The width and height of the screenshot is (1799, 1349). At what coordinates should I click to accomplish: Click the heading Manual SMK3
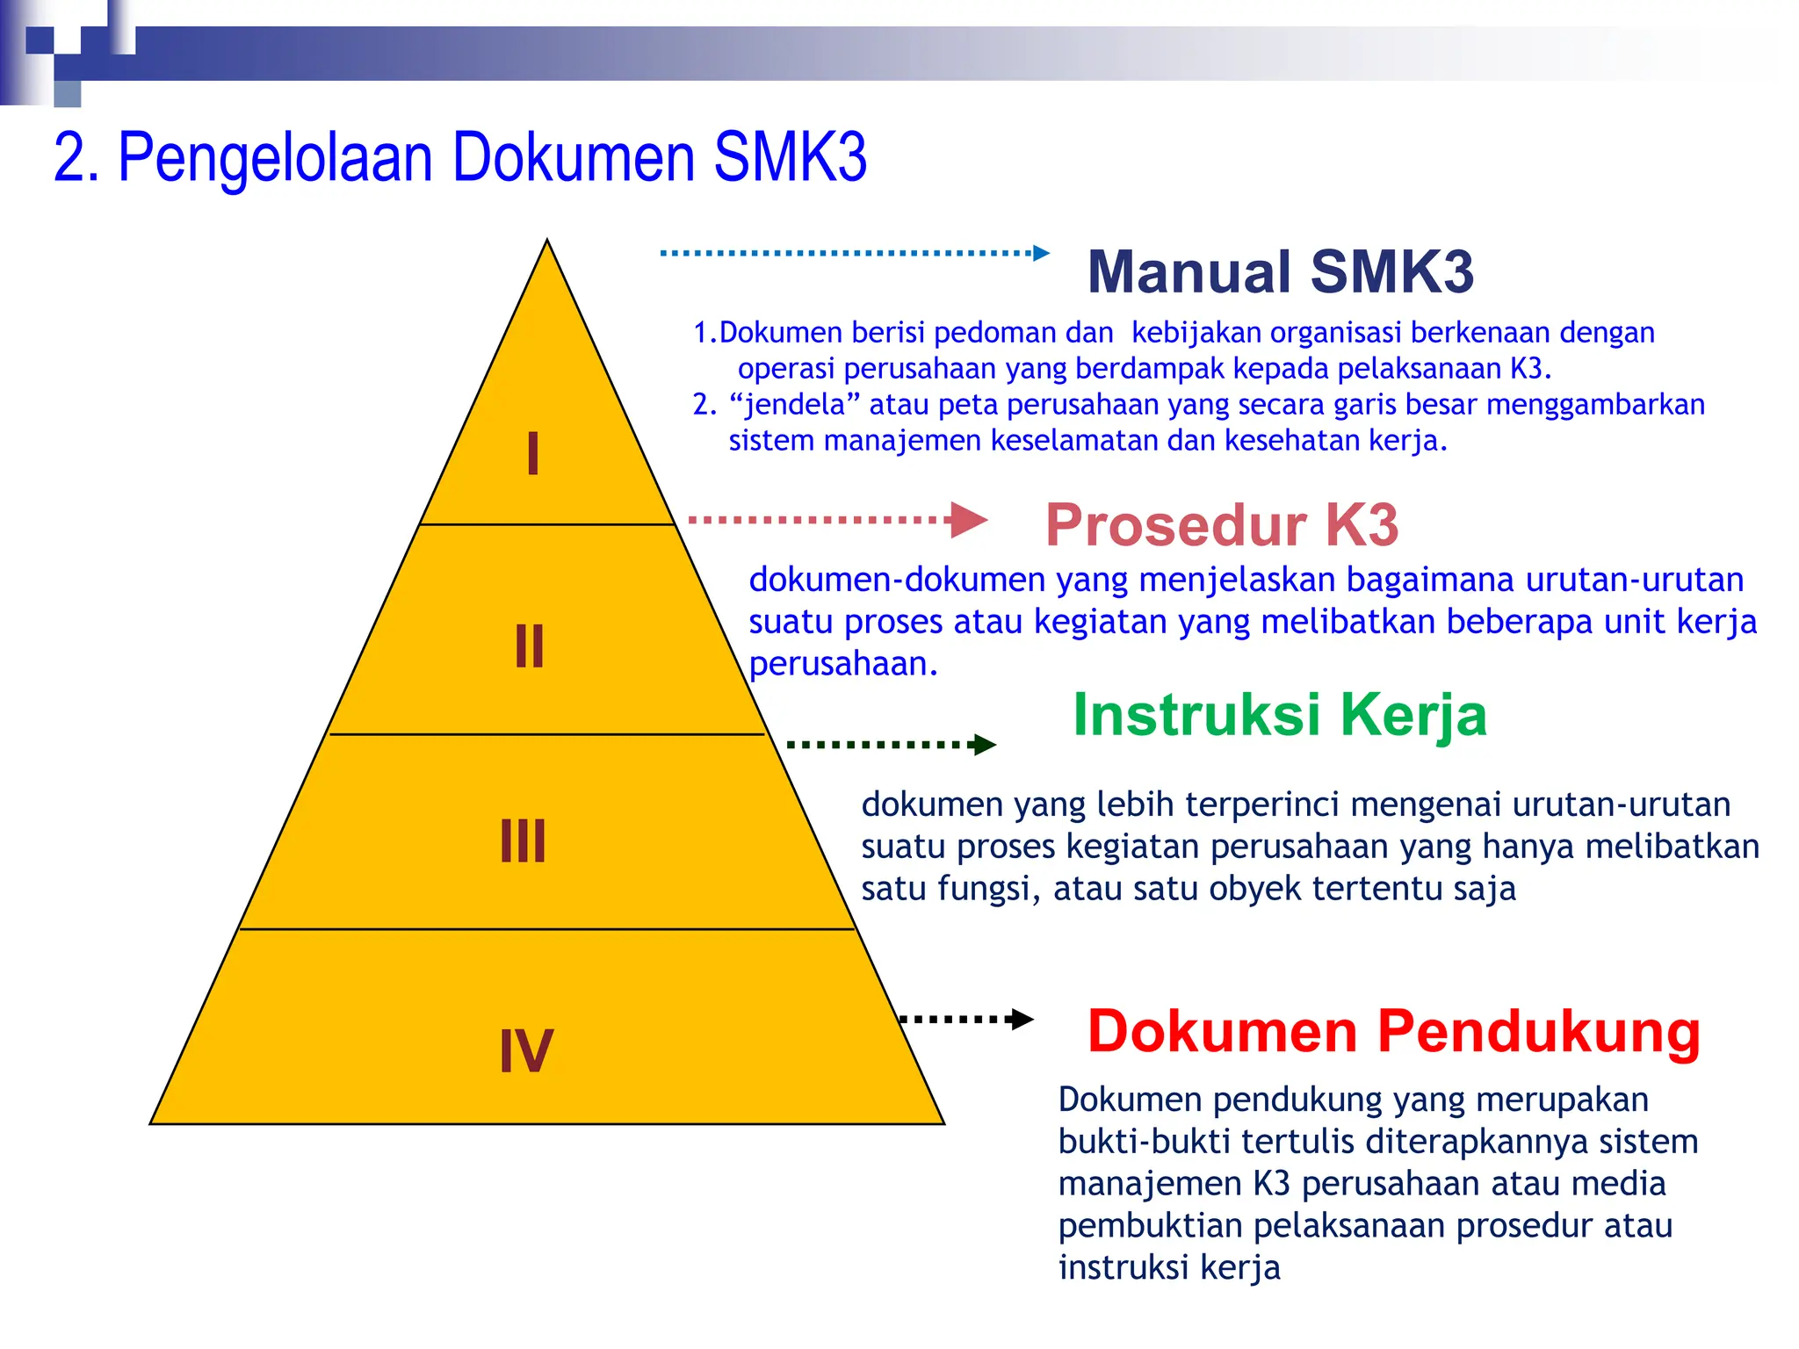[x=1280, y=272]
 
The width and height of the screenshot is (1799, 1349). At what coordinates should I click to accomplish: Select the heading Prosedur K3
[x=1221, y=525]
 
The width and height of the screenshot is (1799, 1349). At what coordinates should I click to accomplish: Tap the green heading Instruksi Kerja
[x=1280, y=715]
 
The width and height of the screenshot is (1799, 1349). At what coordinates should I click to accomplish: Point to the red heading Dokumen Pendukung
[x=1394, y=1031]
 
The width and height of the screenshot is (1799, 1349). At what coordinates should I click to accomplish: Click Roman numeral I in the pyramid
[x=533, y=454]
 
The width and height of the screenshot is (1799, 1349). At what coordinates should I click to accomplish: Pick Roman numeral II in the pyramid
[x=530, y=646]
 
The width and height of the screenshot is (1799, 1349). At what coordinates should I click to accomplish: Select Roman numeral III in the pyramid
[x=524, y=841]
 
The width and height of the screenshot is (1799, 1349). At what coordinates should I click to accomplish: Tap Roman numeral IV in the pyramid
[x=526, y=1050]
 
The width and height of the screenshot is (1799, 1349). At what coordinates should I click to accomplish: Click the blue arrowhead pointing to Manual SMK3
[x=1042, y=253]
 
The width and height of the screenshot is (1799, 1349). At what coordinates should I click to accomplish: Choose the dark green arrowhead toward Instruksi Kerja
[x=986, y=745]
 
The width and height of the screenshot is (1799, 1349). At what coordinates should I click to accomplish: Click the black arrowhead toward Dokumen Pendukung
[x=1022, y=1019]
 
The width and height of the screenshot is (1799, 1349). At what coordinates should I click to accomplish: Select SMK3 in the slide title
[x=790, y=158]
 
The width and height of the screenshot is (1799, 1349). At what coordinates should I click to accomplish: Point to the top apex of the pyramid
[x=547, y=242]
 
